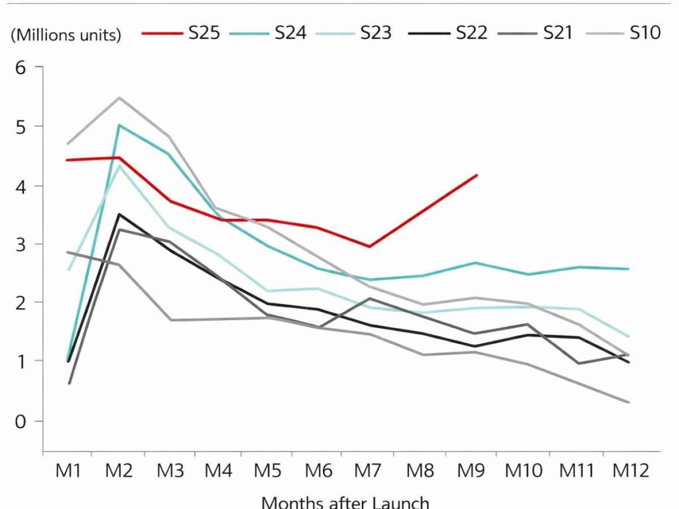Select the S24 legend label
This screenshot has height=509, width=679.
pyautogui.click(x=290, y=33)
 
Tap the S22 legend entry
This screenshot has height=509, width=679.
pyautogui.click(x=471, y=33)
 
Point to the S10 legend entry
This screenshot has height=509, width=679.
pyautogui.click(x=645, y=33)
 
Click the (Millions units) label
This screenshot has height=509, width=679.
pyautogui.click(x=66, y=35)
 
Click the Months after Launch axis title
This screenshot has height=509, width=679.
pyautogui.click(x=345, y=502)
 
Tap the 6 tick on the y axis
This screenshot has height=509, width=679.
pyautogui.click(x=22, y=67)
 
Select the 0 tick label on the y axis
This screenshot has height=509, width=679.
pyautogui.click(x=22, y=421)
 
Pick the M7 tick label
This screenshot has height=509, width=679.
pyautogui.click(x=369, y=471)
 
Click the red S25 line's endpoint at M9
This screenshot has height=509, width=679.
pyautogui.click(x=477, y=175)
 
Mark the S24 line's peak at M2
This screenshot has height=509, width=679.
pyautogui.click(x=118, y=125)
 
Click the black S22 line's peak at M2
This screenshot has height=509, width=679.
pyautogui.click(x=118, y=214)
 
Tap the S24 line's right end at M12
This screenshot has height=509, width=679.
pyautogui.click(x=629, y=269)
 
